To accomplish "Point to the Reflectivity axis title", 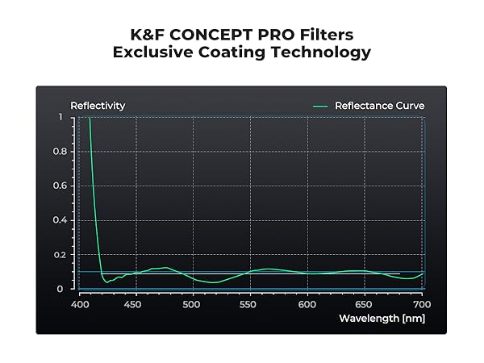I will click(98, 106).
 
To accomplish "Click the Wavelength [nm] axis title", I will click(382, 318).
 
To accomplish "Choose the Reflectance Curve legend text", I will click(379, 106).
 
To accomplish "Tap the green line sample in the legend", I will click(321, 106).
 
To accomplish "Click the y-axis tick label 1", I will click(60, 118).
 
